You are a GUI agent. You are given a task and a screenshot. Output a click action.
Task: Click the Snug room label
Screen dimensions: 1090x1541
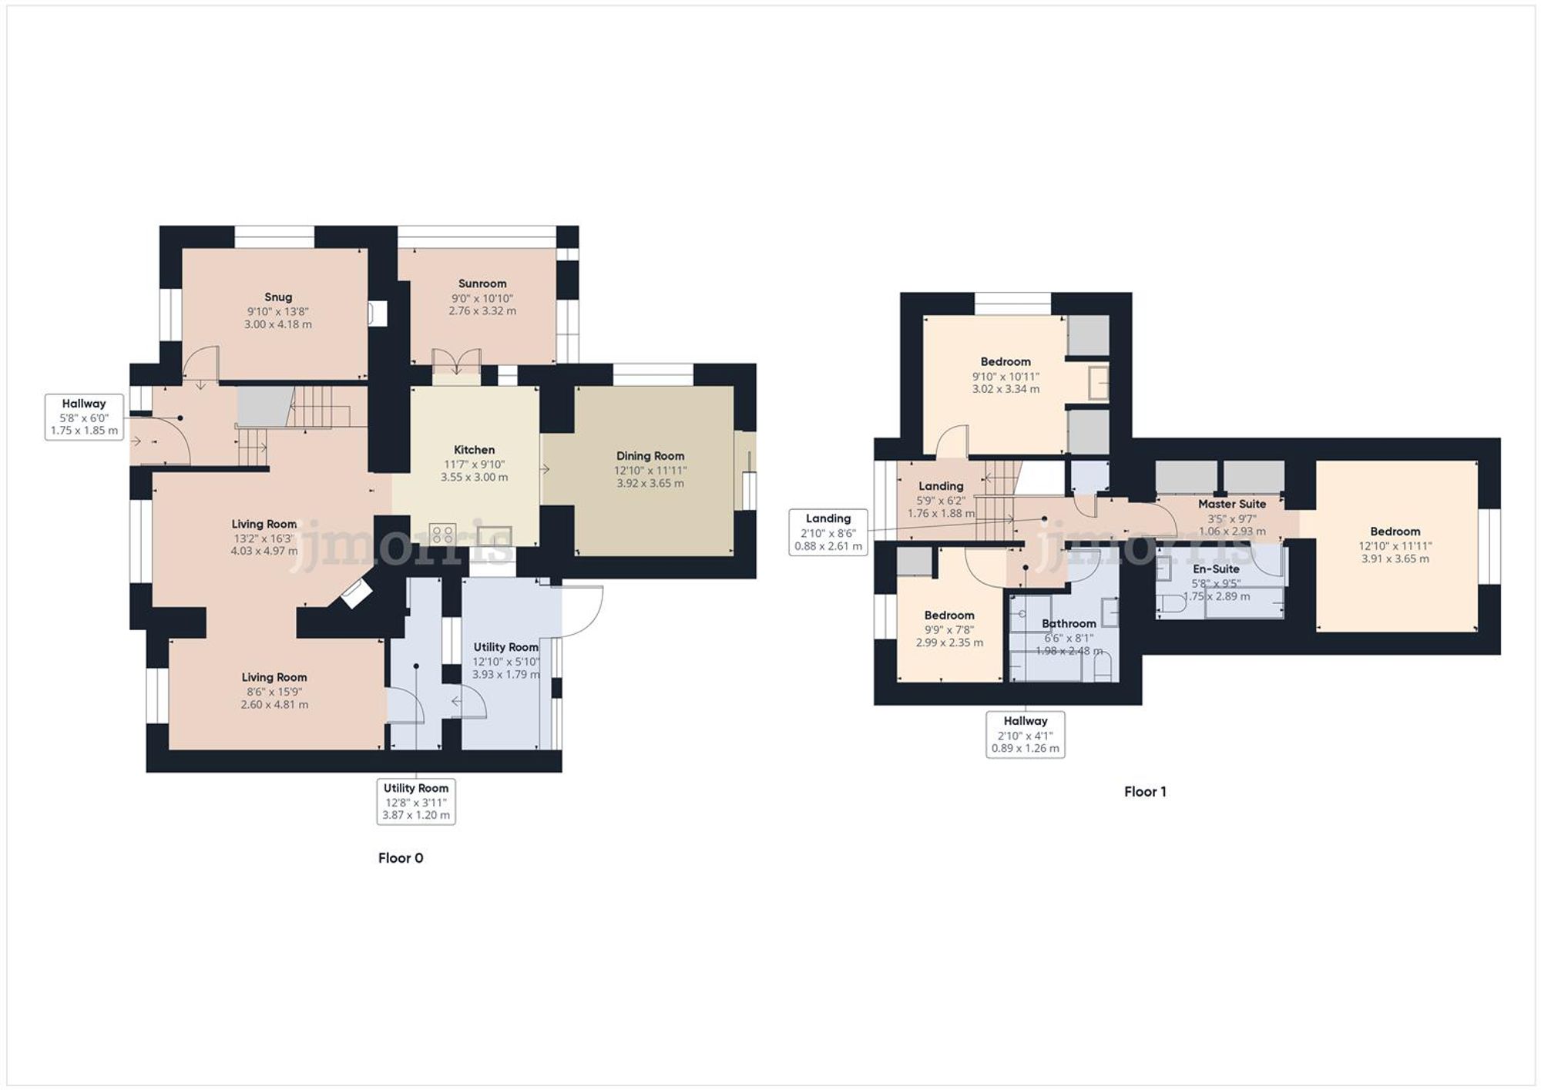click(278, 297)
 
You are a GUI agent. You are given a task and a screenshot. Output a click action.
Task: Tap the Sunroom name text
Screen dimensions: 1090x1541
click(482, 283)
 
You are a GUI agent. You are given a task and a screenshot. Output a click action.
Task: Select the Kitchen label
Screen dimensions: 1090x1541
click(474, 450)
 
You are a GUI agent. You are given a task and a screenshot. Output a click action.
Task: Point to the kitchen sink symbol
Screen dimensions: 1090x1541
click(494, 535)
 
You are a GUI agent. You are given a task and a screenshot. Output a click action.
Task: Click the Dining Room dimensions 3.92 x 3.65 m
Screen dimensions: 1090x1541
click(650, 484)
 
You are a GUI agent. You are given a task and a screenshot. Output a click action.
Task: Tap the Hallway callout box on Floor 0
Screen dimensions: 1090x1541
click(84, 417)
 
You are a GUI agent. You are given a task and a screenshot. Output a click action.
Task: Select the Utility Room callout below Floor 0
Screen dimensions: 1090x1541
click(416, 801)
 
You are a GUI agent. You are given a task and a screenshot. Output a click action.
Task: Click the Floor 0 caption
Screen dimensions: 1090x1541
click(401, 858)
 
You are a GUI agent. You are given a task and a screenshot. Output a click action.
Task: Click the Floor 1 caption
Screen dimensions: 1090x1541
click(1145, 792)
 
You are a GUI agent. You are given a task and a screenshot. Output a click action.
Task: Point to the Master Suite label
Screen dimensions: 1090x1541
click(1231, 504)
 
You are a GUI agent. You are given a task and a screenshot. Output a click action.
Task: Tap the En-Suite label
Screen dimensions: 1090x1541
click(1216, 569)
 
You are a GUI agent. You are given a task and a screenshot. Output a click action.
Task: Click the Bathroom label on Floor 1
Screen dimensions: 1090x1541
click(1069, 623)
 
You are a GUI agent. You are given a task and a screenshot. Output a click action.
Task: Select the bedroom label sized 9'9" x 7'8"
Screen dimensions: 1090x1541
click(949, 615)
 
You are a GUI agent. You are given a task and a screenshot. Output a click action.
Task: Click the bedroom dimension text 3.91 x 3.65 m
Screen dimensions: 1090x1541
click(1395, 559)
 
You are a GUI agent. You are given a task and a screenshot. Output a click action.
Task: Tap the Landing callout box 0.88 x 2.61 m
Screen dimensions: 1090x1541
click(828, 532)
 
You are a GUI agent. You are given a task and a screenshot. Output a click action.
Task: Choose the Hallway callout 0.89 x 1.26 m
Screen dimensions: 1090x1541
click(1025, 734)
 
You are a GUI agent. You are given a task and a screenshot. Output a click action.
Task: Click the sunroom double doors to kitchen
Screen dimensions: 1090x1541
click(457, 362)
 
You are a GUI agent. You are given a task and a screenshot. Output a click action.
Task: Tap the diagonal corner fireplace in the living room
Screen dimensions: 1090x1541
click(357, 594)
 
